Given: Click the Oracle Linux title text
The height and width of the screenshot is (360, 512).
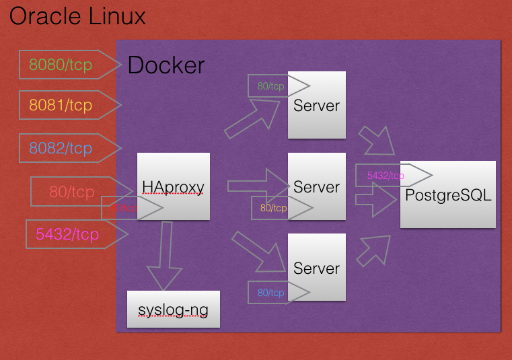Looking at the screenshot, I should tap(77, 16).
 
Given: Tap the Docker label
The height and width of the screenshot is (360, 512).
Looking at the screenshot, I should tap(166, 65).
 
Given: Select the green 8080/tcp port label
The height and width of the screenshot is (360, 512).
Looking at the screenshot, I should tap(61, 65).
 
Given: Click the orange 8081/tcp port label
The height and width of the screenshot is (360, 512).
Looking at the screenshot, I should tap(61, 106).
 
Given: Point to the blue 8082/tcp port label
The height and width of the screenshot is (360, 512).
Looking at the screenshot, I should tap(61, 148).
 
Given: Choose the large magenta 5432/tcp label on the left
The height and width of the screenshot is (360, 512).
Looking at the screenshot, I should tap(67, 234).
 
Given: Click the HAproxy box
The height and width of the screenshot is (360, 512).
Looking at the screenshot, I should tap(174, 186).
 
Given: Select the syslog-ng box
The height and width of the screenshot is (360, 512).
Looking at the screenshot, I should tap(174, 310).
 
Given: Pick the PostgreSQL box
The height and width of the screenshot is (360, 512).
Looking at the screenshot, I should tap(448, 194).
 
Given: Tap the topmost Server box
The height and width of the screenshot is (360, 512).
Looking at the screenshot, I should tap(316, 105).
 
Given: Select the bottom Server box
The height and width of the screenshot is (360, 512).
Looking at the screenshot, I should tap(316, 267).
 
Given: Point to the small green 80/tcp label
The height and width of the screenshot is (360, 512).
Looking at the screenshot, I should tap(271, 86).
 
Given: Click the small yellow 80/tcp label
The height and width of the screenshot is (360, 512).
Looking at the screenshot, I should tap(273, 208).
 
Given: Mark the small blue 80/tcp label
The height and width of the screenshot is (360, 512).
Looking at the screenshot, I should tap(271, 293).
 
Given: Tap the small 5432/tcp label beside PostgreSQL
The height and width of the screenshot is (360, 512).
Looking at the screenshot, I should tap(386, 176).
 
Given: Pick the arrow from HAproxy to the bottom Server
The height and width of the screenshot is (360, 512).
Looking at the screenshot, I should tap(256, 249).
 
